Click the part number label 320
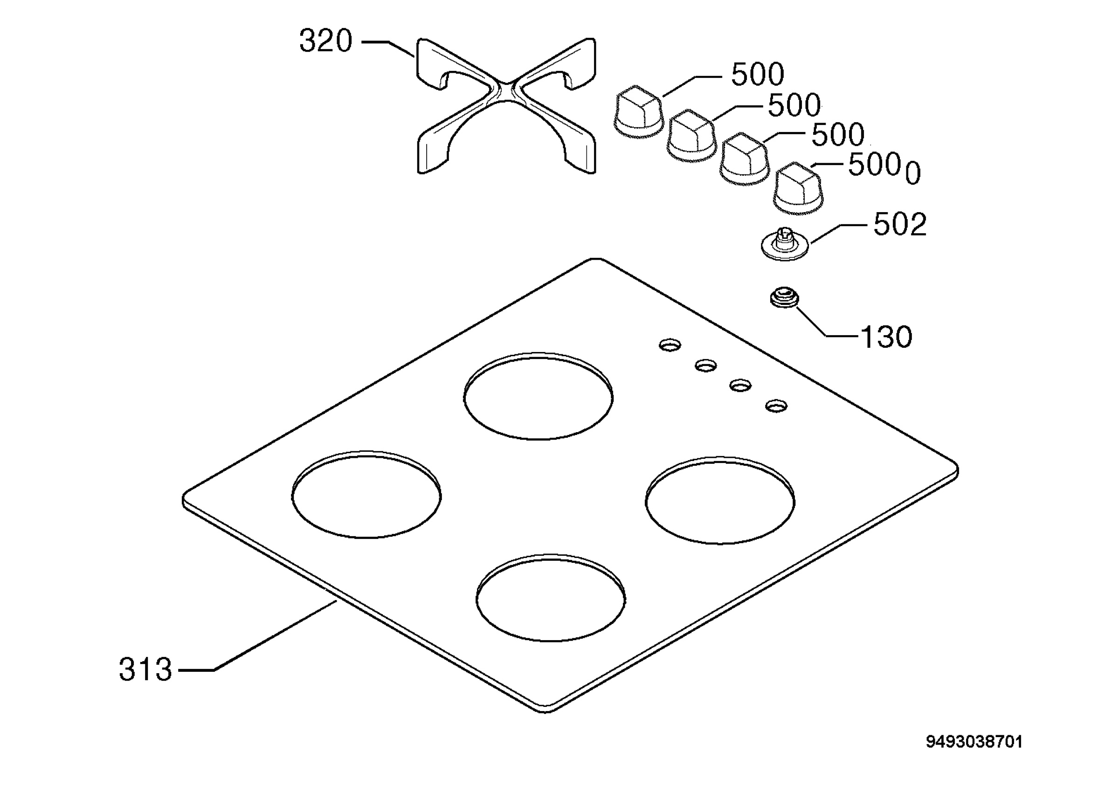325,41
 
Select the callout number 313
145,670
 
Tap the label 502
900,225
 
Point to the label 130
886,337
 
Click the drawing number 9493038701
974,742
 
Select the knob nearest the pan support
638,111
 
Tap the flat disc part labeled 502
785,245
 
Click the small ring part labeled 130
785,297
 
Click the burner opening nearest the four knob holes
539,396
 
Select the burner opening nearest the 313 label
366,495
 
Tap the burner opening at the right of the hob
720,500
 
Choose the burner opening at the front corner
551,597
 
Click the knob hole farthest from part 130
670,345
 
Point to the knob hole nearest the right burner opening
776,406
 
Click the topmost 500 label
758,75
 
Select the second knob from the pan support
691,136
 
